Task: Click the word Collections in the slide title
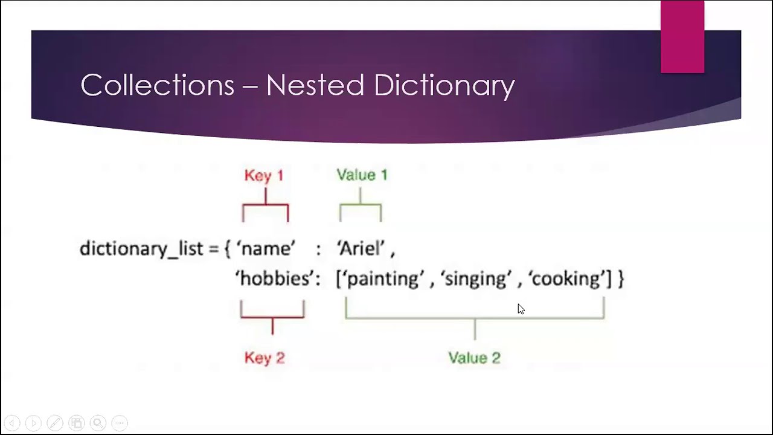[157, 85]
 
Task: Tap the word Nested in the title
[315, 85]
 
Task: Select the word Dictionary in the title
[444, 85]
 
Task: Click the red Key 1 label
[264, 175]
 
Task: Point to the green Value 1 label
[362, 175]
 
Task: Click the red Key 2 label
[265, 358]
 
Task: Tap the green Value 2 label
[474, 358]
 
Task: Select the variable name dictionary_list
[141, 249]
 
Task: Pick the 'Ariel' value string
[361, 248]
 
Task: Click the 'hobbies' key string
[277, 279]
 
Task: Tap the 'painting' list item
[382, 279]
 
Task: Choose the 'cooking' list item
[566, 279]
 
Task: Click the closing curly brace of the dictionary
[620, 279]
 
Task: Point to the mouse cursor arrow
[521, 309]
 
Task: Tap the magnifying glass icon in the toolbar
[98, 423]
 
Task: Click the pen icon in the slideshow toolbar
[54, 423]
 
